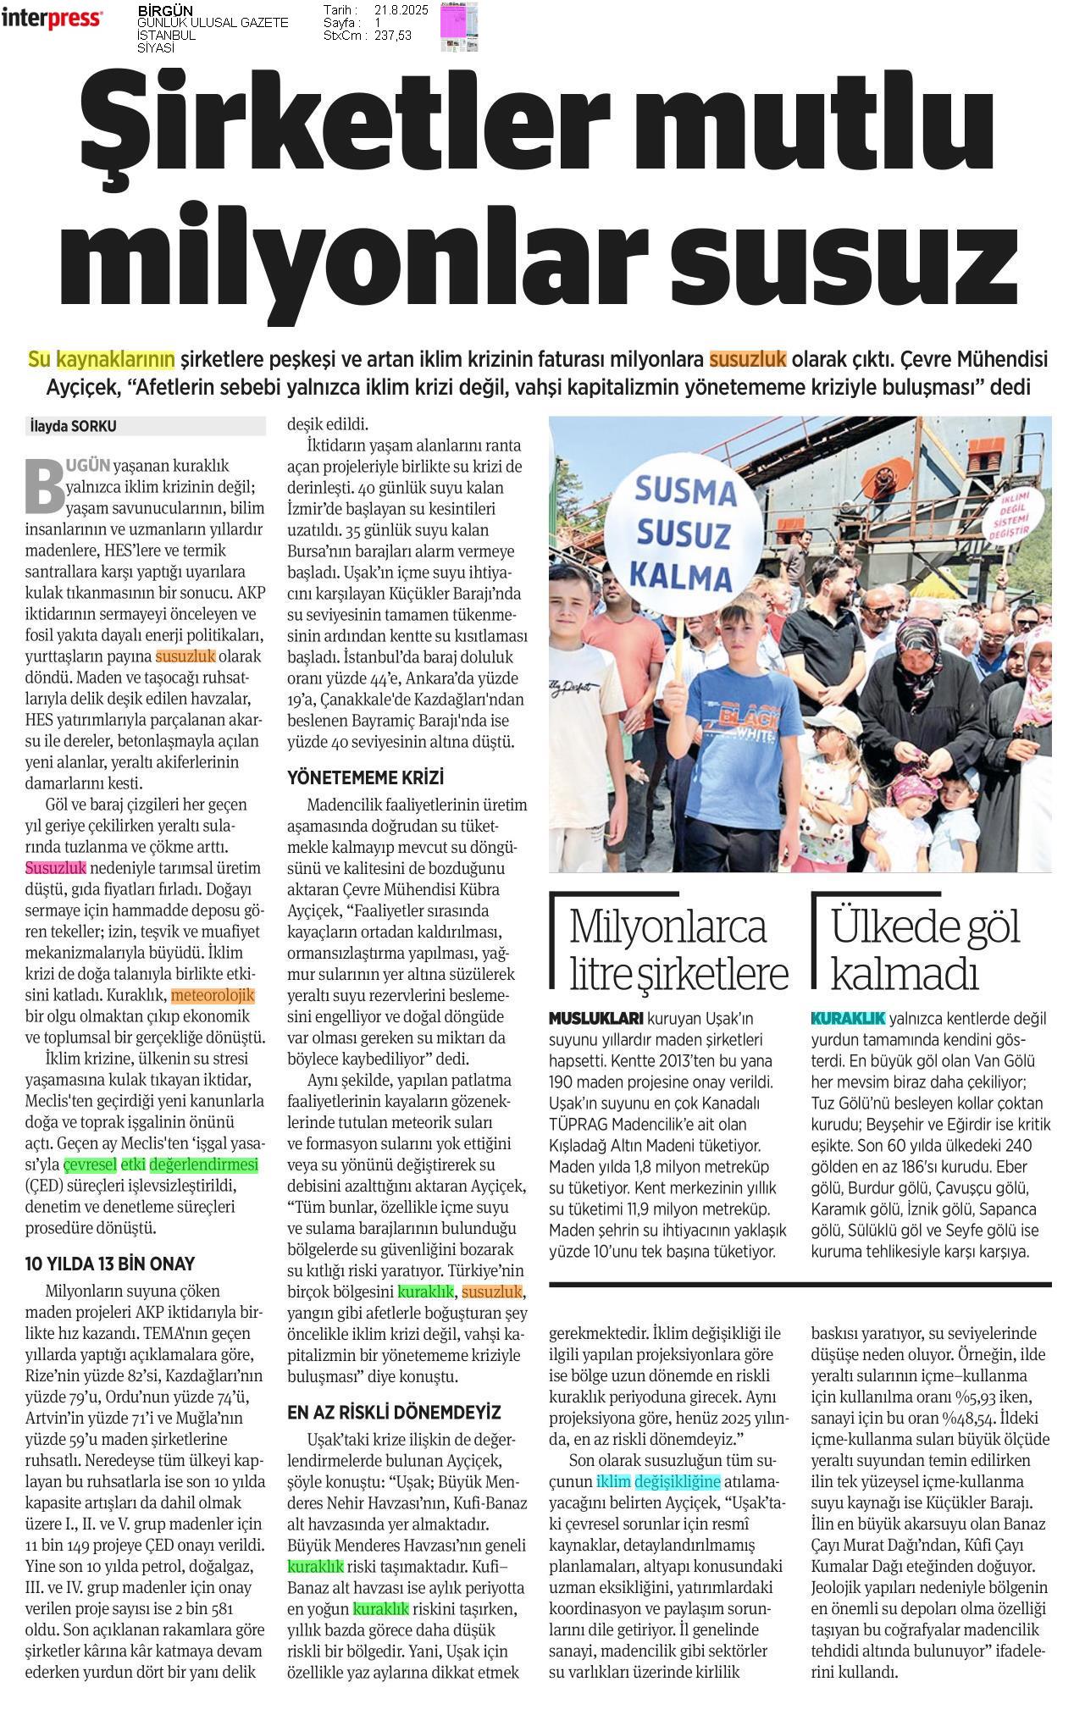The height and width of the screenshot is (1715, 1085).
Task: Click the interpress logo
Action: coord(53,19)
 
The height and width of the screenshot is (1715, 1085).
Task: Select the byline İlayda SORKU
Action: coord(73,426)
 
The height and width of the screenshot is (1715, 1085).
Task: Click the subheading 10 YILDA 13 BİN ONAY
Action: coord(110,1264)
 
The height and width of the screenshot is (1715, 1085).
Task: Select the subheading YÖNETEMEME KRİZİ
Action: coord(366,777)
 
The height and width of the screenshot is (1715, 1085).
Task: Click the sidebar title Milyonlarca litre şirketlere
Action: coord(678,949)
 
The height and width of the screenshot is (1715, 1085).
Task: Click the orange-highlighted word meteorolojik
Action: coord(213,995)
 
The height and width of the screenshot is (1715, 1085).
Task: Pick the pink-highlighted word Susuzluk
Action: coord(56,868)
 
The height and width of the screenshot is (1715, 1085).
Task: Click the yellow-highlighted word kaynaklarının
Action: coord(115,359)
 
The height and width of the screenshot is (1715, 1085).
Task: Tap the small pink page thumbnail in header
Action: coord(458,26)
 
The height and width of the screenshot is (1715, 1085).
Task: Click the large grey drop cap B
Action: coord(44,486)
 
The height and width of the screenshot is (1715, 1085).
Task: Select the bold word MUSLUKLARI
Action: coord(596,1018)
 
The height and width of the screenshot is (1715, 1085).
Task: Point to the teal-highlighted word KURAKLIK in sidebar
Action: coord(848,1018)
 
